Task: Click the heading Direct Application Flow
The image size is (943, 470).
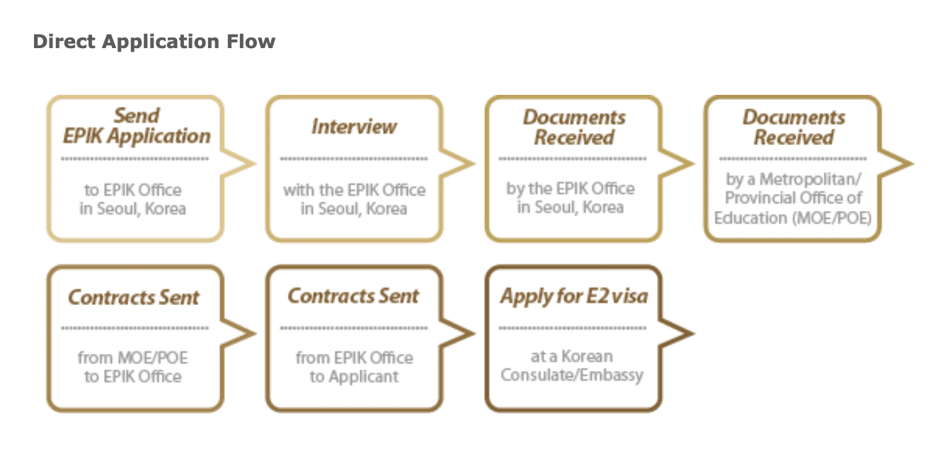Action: click(154, 42)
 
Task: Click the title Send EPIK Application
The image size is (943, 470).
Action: click(136, 126)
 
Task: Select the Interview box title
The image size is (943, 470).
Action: click(354, 127)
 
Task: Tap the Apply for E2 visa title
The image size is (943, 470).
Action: click(573, 296)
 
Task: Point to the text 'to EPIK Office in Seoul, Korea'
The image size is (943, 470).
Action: click(133, 200)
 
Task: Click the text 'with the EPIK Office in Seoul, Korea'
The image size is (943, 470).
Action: click(354, 200)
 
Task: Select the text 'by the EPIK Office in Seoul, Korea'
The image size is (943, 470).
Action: click(571, 198)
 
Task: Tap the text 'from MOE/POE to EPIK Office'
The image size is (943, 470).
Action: click(133, 367)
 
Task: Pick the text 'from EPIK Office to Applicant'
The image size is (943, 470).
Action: click(354, 367)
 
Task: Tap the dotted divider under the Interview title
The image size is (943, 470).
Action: click(354, 159)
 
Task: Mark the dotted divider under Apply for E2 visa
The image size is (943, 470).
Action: click(573, 328)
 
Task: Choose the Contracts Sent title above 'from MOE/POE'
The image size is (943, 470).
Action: click(134, 297)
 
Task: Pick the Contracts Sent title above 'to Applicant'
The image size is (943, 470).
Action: click(353, 296)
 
